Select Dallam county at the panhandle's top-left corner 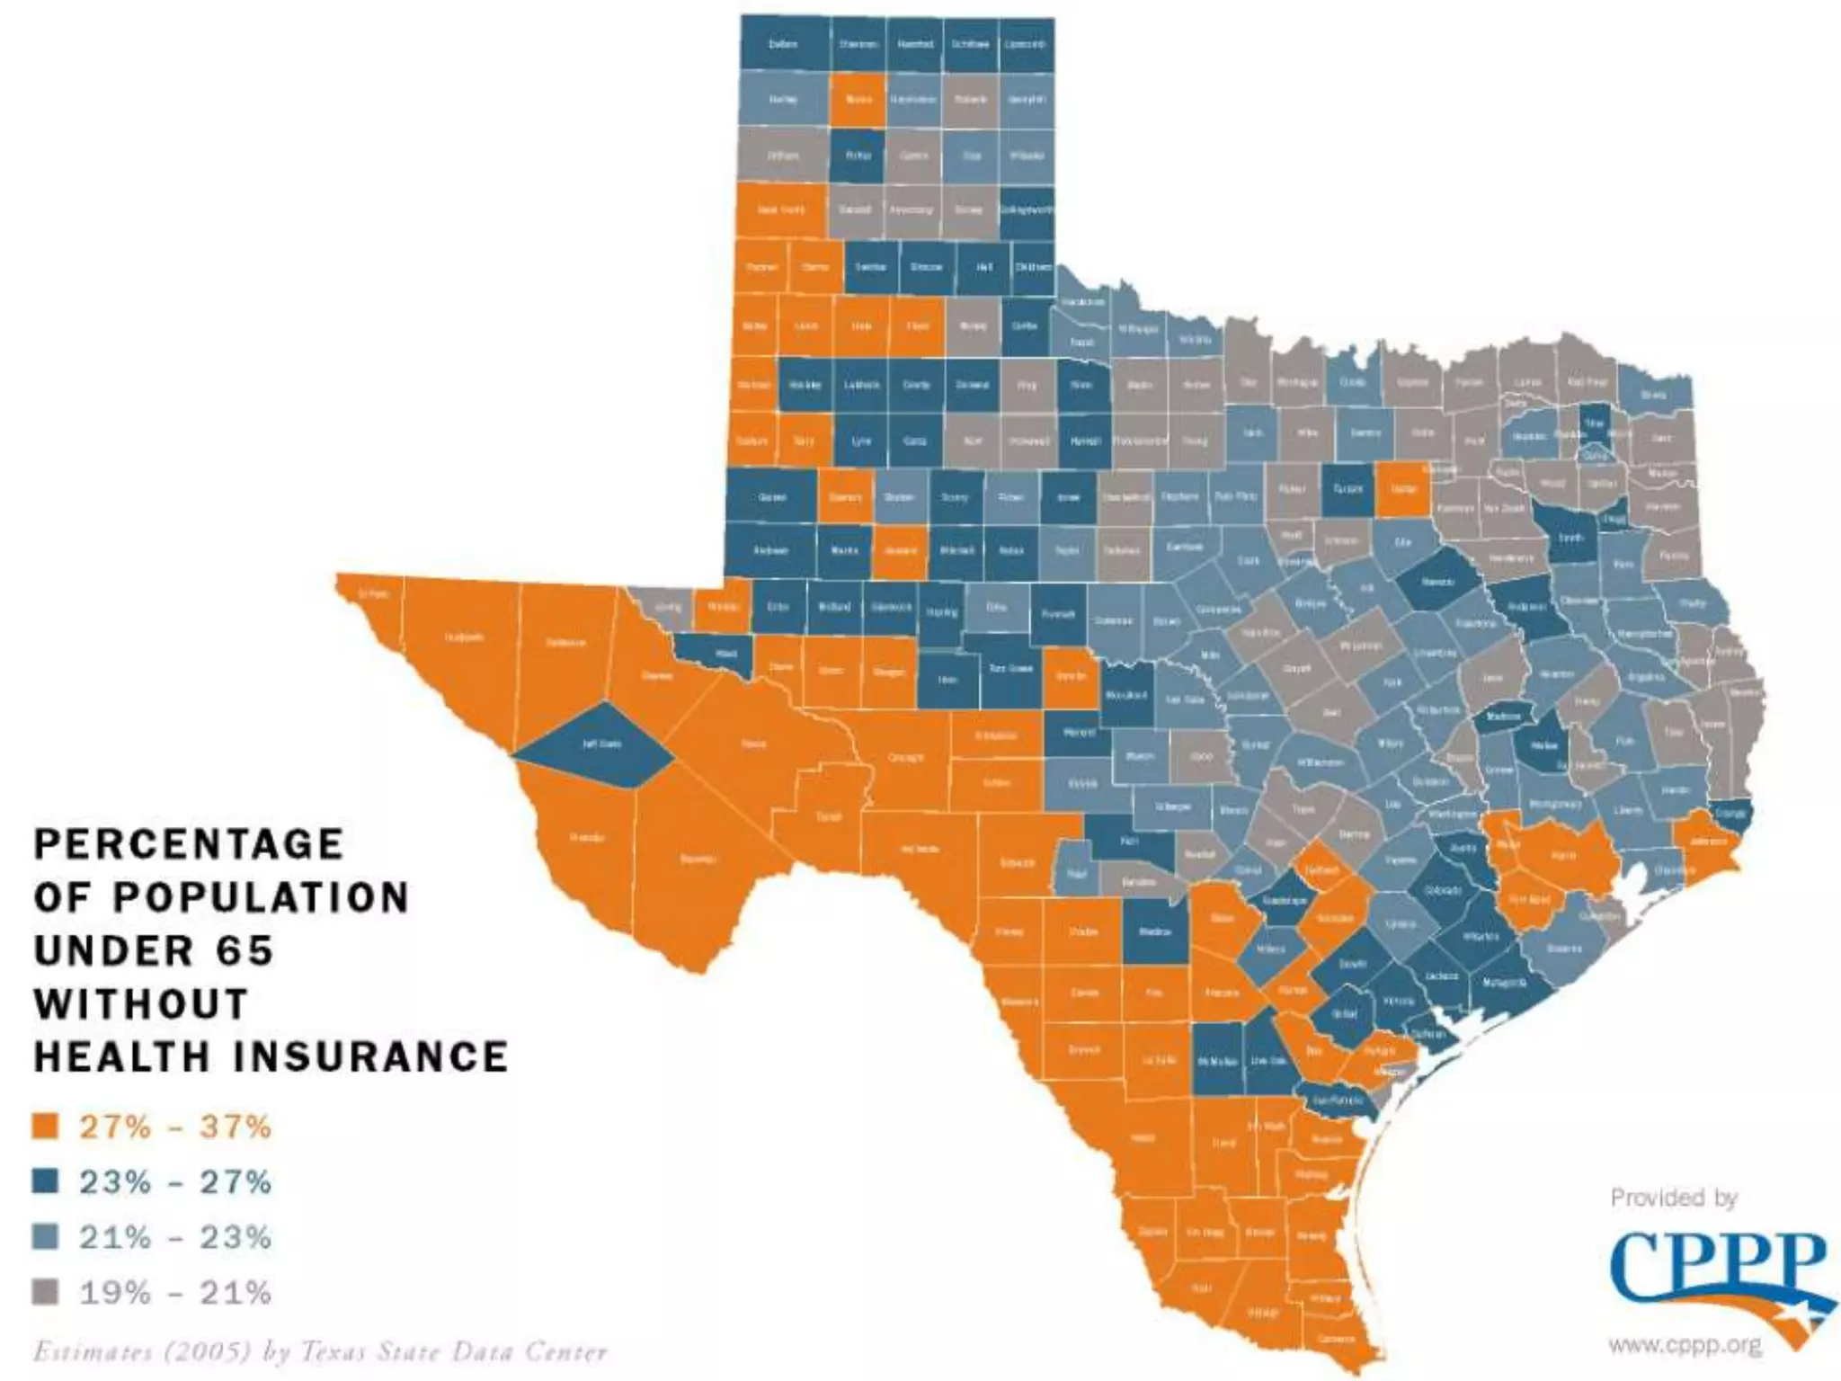point(783,43)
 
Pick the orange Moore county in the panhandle point(858,99)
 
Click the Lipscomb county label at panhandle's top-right point(1026,43)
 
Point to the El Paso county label point(373,593)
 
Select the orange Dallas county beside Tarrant point(1403,488)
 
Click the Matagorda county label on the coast point(1504,982)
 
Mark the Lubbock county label point(861,385)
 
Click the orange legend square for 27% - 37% point(45,1127)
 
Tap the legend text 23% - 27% point(175,1181)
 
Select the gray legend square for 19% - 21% point(45,1292)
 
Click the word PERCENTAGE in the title point(189,844)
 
